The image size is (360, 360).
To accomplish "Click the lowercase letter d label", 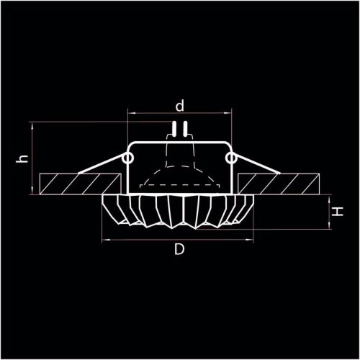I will [180, 105].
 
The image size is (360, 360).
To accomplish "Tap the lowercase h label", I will [24, 159].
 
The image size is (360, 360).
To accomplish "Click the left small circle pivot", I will [130, 156].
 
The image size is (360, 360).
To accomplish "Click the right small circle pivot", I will [230, 156].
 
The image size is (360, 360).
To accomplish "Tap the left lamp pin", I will [175, 130].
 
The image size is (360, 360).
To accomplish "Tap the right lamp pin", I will [185, 130].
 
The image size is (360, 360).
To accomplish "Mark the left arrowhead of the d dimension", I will [130, 113].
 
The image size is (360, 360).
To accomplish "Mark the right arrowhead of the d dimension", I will [230, 113].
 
